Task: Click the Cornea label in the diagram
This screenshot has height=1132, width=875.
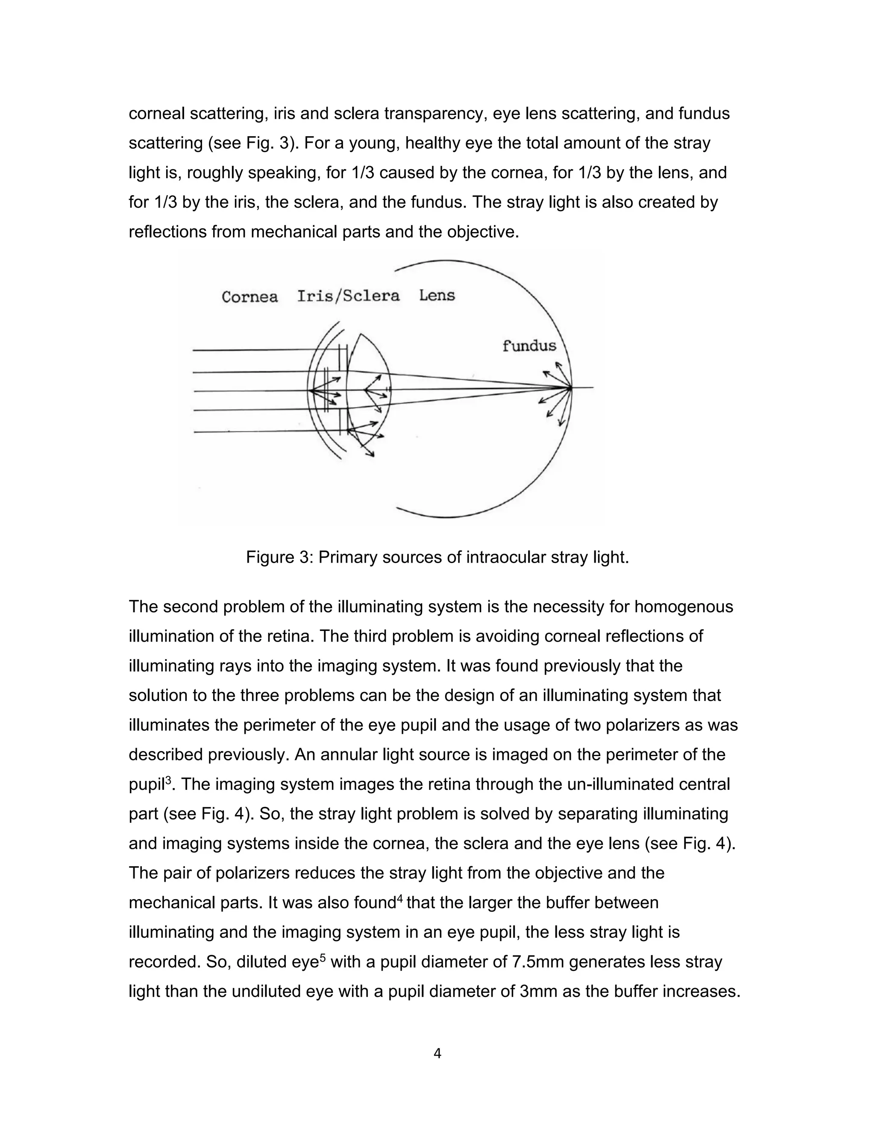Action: (x=250, y=297)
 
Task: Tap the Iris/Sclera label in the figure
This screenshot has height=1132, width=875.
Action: (x=348, y=296)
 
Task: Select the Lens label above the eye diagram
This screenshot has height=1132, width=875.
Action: (x=437, y=296)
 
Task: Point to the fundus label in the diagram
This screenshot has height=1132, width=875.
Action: (x=529, y=346)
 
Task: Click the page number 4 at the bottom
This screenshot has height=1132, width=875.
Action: (x=437, y=1054)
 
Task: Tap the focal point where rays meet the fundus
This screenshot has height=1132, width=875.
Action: (x=570, y=387)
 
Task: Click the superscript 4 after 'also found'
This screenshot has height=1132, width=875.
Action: (x=399, y=897)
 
